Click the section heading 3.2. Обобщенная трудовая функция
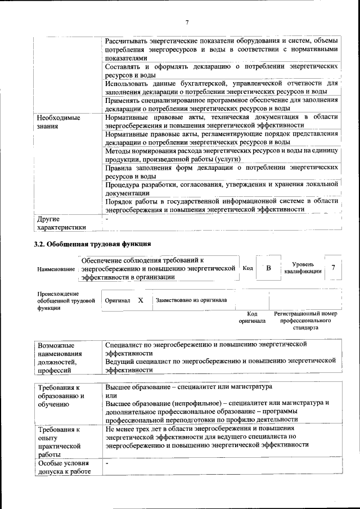[92, 244]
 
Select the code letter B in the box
[269, 268]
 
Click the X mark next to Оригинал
[141, 300]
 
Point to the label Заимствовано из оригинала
[191, 300]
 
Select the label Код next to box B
[247, 269]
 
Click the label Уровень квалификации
[303, 268]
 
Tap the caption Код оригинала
[252, 317]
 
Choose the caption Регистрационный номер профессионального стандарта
[305, 320]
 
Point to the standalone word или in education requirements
[111, 396]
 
